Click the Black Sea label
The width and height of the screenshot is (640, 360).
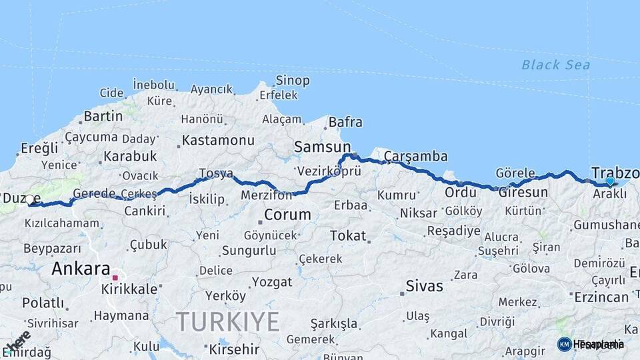555,65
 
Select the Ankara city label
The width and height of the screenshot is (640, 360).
80,269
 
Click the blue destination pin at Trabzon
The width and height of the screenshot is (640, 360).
610,181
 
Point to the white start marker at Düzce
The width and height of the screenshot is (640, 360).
29,199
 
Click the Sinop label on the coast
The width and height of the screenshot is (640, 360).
292,81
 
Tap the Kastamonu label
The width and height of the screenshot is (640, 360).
218,141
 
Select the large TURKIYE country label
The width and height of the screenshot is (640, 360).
227,322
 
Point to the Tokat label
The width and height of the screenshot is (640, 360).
348,235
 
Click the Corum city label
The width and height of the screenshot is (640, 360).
287,215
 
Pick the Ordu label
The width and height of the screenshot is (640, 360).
461,193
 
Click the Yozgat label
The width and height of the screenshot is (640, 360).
272,281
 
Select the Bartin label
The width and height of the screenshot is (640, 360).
103,116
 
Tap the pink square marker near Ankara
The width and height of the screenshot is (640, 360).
115,277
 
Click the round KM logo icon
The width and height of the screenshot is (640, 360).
564,344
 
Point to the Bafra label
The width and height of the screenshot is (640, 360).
345,122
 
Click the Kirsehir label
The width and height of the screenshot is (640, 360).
234,349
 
